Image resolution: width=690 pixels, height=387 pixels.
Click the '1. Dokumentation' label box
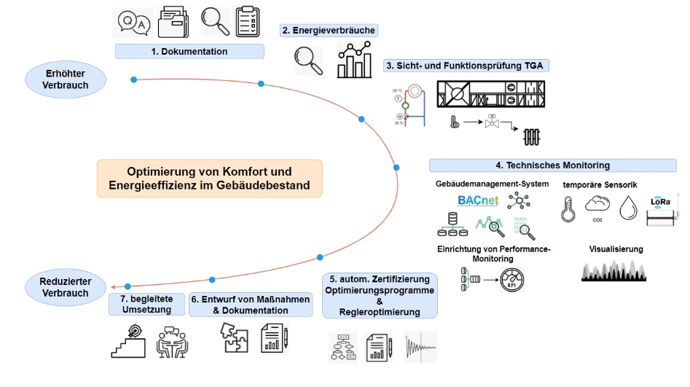coord(189,52)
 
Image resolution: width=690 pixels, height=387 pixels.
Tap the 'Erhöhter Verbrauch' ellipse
coord(66,79)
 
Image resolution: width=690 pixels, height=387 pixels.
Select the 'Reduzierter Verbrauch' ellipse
coord(66,286)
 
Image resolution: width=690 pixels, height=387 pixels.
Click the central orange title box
coord(209,179)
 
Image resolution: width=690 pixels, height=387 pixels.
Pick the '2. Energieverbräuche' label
coord(329,31)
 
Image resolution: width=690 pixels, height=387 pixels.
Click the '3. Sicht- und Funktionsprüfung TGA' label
coord(466,66)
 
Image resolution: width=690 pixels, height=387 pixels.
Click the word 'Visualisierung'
coord(616,249)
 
